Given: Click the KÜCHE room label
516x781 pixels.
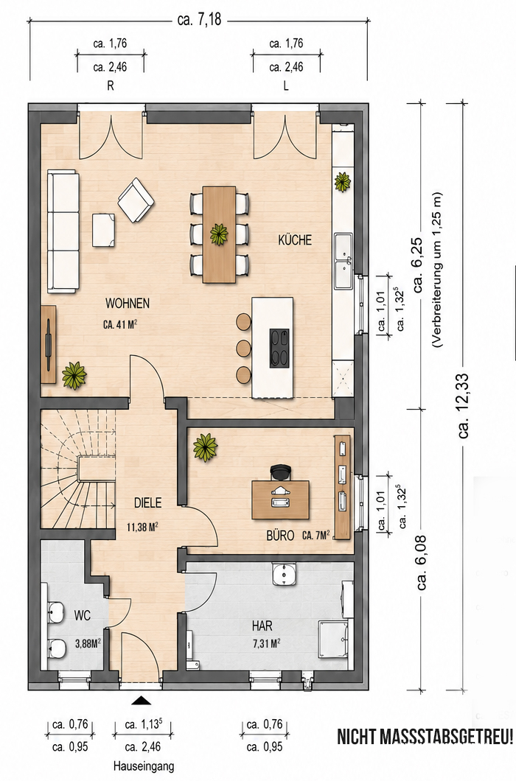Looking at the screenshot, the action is [x=295, y=240].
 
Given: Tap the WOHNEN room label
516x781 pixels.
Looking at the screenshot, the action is [x=127, y=304].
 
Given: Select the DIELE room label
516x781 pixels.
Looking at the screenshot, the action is [x=148, y=503].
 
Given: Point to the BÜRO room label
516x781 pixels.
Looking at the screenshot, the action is [x=279, y=536].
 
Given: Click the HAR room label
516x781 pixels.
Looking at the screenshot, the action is [x=262, y=626].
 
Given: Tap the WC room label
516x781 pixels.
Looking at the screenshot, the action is [x=83, y=616].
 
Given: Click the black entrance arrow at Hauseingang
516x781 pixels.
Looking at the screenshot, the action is [x=141, y=701].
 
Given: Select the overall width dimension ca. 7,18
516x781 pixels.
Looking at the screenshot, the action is [x=199, y=21].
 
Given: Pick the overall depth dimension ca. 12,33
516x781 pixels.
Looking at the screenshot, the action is [x=464, y=406].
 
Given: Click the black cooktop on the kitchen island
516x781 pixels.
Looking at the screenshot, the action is [x=279, y=349].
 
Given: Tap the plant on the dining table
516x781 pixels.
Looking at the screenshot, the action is [x=219, y=234].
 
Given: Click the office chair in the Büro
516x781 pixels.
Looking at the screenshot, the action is [x=281, y=472].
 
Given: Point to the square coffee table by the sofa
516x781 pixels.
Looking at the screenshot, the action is [x=105, y=230].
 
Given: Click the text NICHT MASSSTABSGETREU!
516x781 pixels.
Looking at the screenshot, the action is [x=425, y=737].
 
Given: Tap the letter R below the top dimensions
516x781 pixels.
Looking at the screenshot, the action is [x=110, y=85].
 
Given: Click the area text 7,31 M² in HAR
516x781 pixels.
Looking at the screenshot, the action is [x=266, y=643].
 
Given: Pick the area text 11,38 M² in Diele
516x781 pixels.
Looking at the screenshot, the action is [x=142, y=527].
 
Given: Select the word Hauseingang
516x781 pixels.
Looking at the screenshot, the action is [x=144, y=766].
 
